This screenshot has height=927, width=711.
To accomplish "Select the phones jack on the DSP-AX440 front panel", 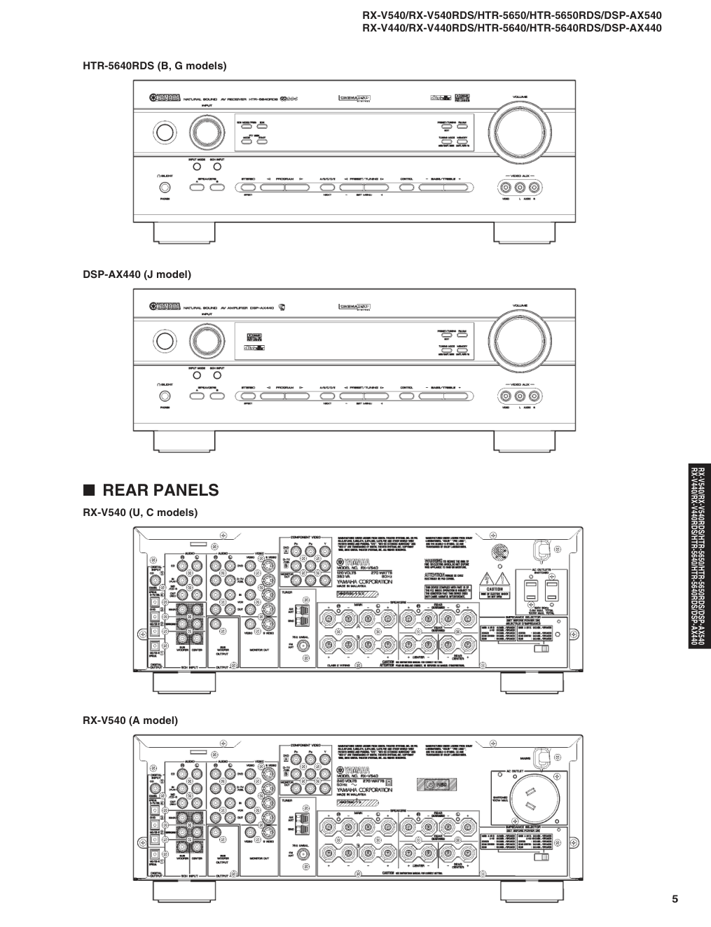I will [165, 396].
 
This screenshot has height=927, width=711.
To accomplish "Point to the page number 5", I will [675, 900].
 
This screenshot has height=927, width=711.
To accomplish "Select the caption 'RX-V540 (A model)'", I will [130, 720].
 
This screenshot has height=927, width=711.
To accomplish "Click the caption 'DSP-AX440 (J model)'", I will [137, 274].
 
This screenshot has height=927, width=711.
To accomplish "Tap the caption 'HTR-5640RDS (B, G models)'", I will [155, 66].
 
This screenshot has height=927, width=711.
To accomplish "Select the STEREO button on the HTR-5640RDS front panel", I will [249, 187].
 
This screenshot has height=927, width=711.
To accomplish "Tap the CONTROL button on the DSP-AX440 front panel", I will [406, 396].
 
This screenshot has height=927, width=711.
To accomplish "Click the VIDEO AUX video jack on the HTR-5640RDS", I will [505, 187].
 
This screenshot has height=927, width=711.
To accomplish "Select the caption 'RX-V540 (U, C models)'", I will [140, 513].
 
